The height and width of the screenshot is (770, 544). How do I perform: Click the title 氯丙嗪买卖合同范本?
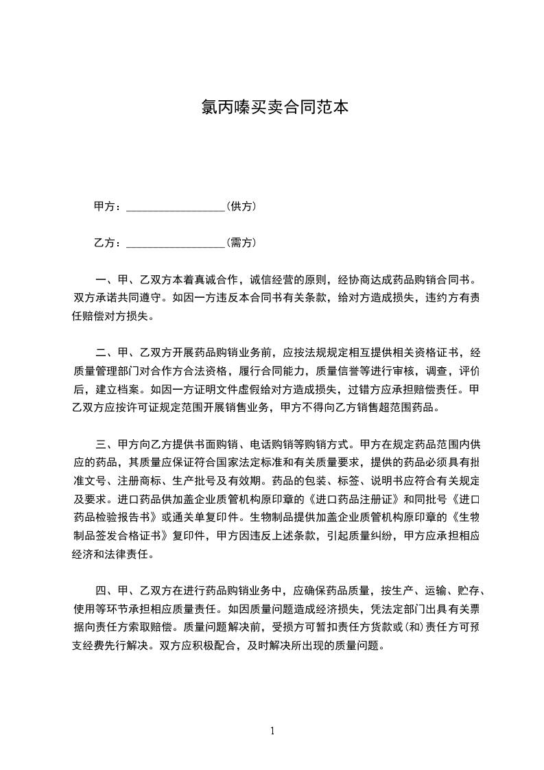pos(272,107)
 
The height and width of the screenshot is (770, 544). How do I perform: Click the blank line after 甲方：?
pos(176,207)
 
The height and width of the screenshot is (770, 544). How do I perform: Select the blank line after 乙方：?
pos(176,243)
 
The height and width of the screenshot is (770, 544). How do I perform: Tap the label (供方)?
pos(241,207)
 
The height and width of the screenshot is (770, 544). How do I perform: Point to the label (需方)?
pos(241,243)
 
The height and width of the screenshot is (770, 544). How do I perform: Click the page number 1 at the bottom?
pos(272,731)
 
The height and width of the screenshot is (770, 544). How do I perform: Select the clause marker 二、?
pos(105,353)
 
